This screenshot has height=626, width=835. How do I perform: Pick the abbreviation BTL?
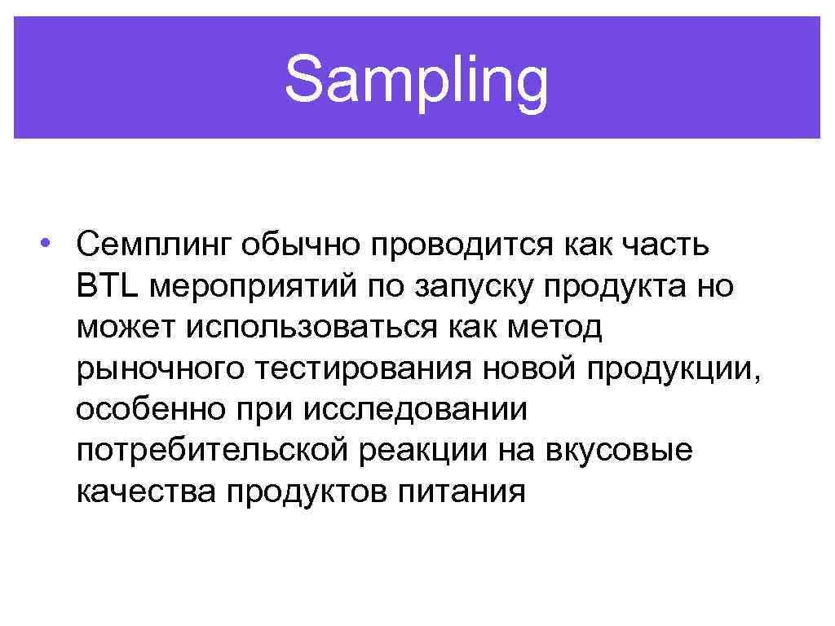click(x=109, y=285)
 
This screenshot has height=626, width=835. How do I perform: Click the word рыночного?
click(x=160, y=368)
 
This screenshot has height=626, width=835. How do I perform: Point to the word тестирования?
click(x=362, y=368)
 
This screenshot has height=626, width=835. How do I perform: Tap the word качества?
click(x=145, y=492)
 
